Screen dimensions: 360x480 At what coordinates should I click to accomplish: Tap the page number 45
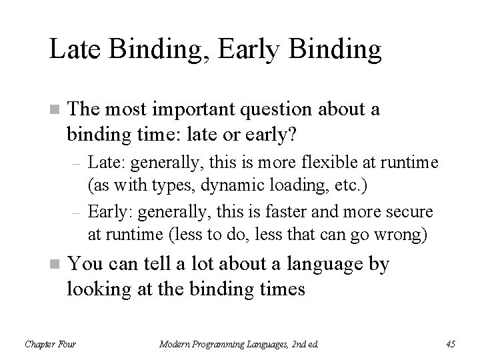[450, 343]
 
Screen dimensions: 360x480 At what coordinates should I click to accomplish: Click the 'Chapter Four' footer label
[50, 343]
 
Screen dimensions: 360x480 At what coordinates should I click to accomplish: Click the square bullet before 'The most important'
[53, 110]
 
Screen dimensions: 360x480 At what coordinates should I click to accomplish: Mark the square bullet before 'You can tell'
[53, 265]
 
